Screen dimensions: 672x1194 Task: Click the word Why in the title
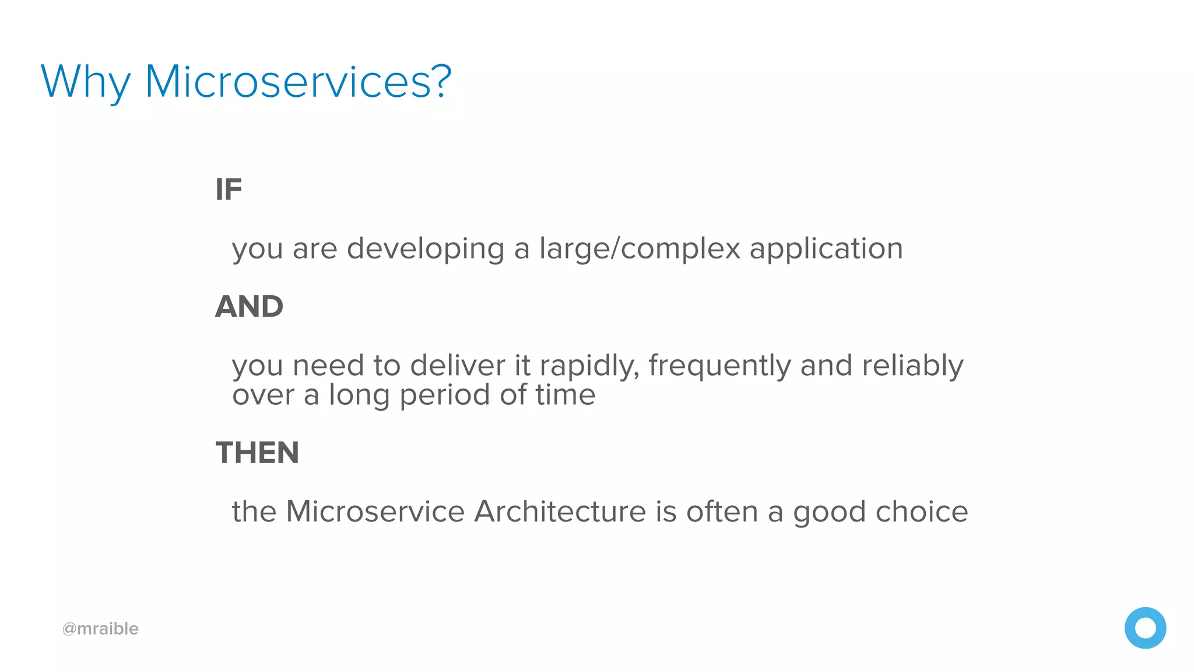(85, 82)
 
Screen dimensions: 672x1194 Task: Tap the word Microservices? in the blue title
(298, 81)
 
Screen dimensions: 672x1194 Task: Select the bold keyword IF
(229, 190)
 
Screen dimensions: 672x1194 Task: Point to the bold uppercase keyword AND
(249, 307)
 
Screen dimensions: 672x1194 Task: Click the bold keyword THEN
(257, 453)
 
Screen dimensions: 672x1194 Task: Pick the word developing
(426, 250)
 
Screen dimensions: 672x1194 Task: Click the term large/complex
(640, 250)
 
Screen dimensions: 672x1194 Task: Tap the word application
(826, 250)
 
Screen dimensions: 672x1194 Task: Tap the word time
(566, 395)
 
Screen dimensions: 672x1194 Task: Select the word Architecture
(560, 512)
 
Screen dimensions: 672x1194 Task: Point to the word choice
(922, 512)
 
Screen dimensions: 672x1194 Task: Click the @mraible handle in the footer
(100, 629)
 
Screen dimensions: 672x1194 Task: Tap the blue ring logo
(1145, 628)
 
